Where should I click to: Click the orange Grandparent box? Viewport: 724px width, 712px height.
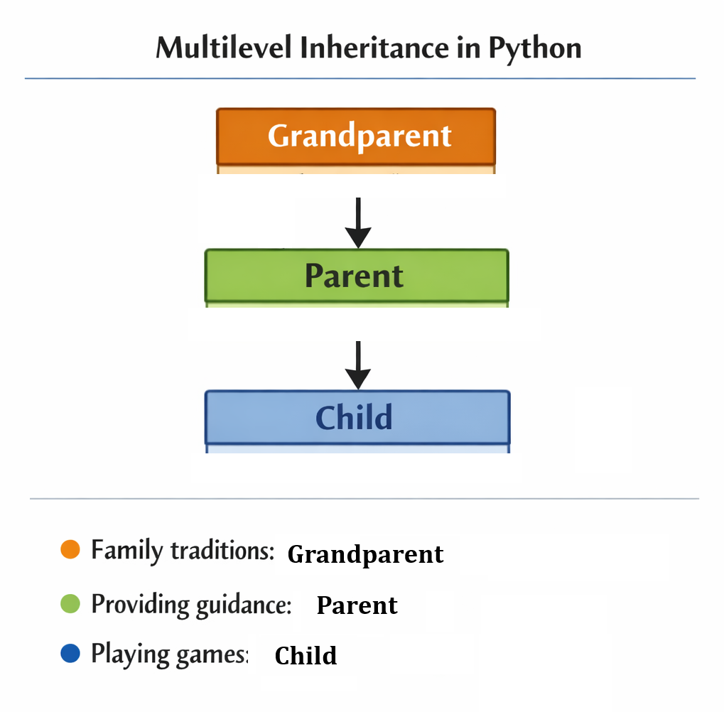click(x=356, y=136)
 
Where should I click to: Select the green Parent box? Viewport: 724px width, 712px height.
click(x=356, y=276)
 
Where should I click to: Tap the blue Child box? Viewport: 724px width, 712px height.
click(x=356, y=418)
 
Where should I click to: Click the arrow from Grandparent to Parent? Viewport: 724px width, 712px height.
click(x=358, y=222)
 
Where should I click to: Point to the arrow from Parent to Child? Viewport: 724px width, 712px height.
click(x=358, y=364)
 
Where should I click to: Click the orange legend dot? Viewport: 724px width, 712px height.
click(x=70, y=549)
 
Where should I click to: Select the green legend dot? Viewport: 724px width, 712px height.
click(x=70, y=604)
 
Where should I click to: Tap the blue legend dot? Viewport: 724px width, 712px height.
click(x=70, y=654)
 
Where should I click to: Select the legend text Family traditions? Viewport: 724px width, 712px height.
click(x=183, y=551)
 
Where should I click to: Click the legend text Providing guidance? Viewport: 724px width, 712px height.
click(x=191, y=605)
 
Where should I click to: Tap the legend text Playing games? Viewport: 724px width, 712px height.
click(x=169, y=654)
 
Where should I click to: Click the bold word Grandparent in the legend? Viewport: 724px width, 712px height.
click(x=365, y=554)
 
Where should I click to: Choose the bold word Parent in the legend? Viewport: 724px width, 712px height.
click(x=357, y=605)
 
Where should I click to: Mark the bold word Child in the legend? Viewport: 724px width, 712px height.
click(x=306, y=655)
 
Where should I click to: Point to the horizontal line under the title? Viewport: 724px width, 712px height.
click(x=360, y=78)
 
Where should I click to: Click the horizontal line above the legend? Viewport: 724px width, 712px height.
click(x=364, y=499)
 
